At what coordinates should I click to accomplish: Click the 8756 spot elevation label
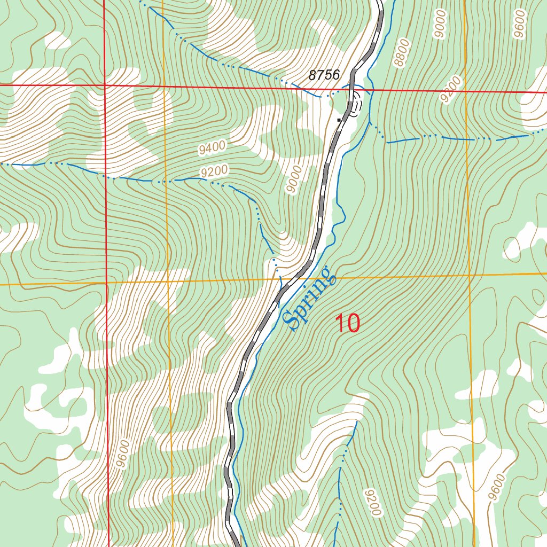coord(324,75)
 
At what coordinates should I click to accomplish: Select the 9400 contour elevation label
coord(212,147)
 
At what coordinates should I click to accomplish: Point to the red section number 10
coord(348,323)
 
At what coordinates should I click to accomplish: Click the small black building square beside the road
coord(339,120)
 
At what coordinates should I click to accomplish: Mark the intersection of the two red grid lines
coord(105,85)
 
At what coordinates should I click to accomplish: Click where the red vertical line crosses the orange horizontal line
coord(106,283)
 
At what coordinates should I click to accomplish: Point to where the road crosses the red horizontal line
coord(351,89)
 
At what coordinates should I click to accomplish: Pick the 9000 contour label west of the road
coord(293,180)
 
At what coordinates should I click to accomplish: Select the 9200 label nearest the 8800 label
coord(450,89)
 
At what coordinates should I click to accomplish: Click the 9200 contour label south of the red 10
coord(372,502)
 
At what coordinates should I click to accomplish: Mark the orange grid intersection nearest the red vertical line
coord(168,282)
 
